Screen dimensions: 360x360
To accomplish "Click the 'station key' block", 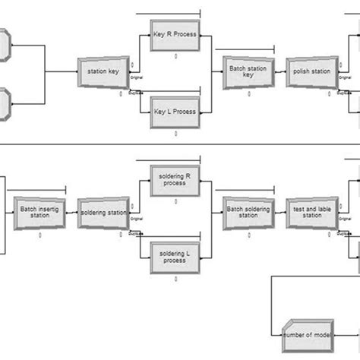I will [103, 73].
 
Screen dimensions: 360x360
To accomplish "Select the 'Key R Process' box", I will [175, 38].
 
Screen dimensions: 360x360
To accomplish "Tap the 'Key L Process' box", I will [175, 111].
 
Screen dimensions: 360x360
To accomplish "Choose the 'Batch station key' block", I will [248, 73].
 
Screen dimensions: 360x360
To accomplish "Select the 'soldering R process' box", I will [175, 179].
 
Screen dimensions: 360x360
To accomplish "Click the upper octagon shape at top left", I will [4, 44].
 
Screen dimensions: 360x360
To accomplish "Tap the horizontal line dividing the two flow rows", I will [180, 144].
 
